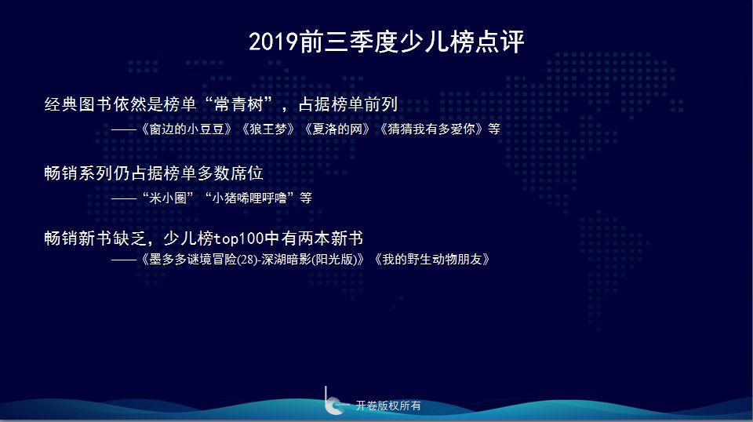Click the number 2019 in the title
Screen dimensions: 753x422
(x=274, y=42)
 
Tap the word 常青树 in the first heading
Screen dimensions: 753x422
(x=240, y=104)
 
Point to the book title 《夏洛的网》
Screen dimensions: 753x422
(x=337, y=129)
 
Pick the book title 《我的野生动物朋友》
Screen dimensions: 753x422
(x=431, y=260)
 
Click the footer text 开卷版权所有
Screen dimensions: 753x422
(x=388, y=406)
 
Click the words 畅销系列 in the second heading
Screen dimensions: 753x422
(x=78, y=173)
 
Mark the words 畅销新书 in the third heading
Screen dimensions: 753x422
(x=78, y=238)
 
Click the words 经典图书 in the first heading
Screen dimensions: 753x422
(x=78, y=104)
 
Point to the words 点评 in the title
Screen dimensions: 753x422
(x=500, y=42)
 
